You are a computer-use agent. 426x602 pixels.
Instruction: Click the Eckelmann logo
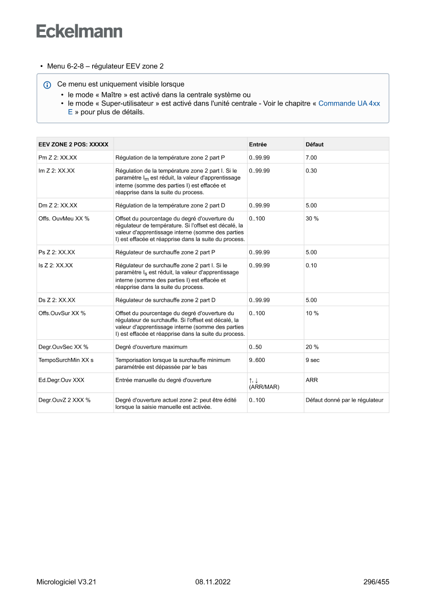tap(79, 31)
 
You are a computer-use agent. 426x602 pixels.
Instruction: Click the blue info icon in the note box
tap(47, 84)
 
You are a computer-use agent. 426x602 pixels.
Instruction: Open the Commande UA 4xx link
tap(349, 103)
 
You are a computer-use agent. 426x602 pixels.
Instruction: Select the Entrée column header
tap(258, 145)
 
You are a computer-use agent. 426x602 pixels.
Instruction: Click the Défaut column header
tap(314, 145)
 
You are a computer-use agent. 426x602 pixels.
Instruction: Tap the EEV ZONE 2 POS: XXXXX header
tap(73, 145)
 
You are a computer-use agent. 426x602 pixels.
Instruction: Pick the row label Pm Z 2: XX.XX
tap(58, 158)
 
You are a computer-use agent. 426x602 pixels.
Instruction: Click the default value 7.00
tap(311, 158)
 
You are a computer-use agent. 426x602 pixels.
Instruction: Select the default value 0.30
tap(311, 170)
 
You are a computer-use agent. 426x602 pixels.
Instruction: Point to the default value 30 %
tap(312, 219)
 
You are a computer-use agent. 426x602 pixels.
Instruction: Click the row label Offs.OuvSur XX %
tap(62, 313)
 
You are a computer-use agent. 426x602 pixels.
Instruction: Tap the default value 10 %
tap(312, 313)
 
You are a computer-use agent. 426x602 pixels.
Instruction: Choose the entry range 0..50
tap(255, 347)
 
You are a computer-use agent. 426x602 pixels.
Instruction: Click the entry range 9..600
tap(257, 360)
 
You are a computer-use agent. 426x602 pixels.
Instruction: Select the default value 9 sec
tap(312, 360)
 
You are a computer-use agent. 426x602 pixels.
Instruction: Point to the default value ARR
tap(311, 380)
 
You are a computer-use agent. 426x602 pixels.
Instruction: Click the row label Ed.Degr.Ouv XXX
tap(61, 380)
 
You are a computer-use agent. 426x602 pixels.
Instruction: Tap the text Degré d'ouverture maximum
tap(151, 347)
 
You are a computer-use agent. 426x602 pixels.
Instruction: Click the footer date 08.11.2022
tap(213, 582)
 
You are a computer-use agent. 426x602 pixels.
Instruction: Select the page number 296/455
tap(376, 582)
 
